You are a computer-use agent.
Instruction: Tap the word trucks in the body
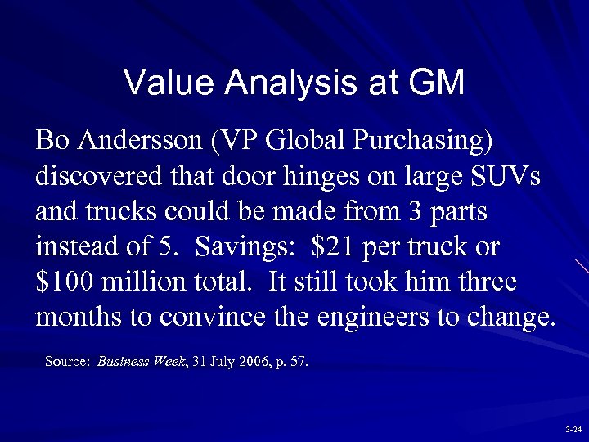click(122, 211)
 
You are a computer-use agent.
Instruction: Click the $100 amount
click(66, 282)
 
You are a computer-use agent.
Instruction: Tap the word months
click(76, 318)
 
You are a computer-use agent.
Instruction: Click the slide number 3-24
click(573, 429)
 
